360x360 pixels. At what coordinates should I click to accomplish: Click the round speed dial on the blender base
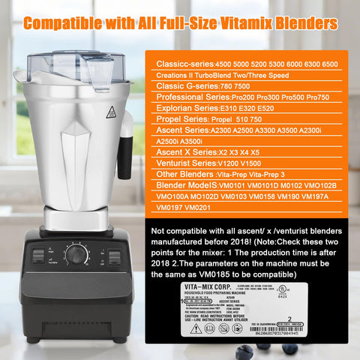pyautogui.click(x=75, y=255)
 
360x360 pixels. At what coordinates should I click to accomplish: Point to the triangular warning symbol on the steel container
pyautogui.click(x=111, y=112)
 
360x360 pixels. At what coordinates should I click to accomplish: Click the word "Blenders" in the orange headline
pyautogui.click(x=298, y=23)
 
